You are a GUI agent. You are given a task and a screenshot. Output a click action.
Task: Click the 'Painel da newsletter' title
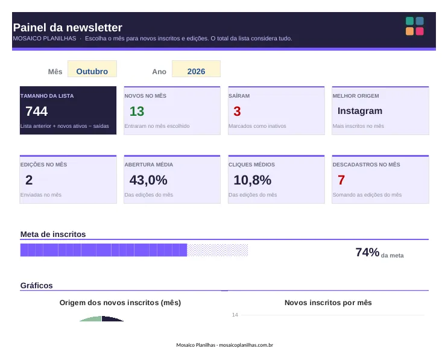(x=68, y=27)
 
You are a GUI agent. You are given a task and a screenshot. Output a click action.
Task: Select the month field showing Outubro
(x=92, y=69)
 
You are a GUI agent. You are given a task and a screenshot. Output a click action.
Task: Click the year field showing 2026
(x=196, y=69)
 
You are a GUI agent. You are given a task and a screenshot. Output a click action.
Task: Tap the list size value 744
(x=36, y=111)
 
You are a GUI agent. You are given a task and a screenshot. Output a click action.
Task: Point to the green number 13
(x=137, y=111)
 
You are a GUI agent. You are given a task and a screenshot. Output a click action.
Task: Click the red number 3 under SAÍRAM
(x=237, y=111)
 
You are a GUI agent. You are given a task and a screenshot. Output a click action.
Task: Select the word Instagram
(x=360, y=111)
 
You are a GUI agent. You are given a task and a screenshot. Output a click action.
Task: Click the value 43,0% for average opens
(x=148, y=180)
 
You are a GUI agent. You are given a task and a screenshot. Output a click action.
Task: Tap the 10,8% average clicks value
(x=252, y=180)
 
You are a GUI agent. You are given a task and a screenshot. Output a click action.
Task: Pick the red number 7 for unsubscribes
(x=341, y=180)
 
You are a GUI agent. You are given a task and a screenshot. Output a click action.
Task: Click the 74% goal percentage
(x=367, y=252)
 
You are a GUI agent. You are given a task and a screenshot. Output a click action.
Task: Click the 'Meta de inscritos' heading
(x=53, y=235)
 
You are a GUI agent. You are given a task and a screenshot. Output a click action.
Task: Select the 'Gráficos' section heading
(x=37, y=285)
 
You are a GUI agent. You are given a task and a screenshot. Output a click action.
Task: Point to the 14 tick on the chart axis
(x=235, y=315)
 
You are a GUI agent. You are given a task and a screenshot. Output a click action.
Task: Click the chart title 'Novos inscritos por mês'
(x=328, y=303)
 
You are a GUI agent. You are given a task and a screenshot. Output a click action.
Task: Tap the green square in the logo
(x=410, y=21)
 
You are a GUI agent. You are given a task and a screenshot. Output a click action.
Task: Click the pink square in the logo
(x=420, y=31)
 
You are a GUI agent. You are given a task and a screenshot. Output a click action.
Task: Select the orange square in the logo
(x=410, y=31)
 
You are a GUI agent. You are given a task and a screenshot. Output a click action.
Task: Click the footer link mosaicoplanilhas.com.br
(x=246, y=345)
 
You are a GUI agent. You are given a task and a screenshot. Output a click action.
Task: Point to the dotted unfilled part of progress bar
(x=218, y=250)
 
